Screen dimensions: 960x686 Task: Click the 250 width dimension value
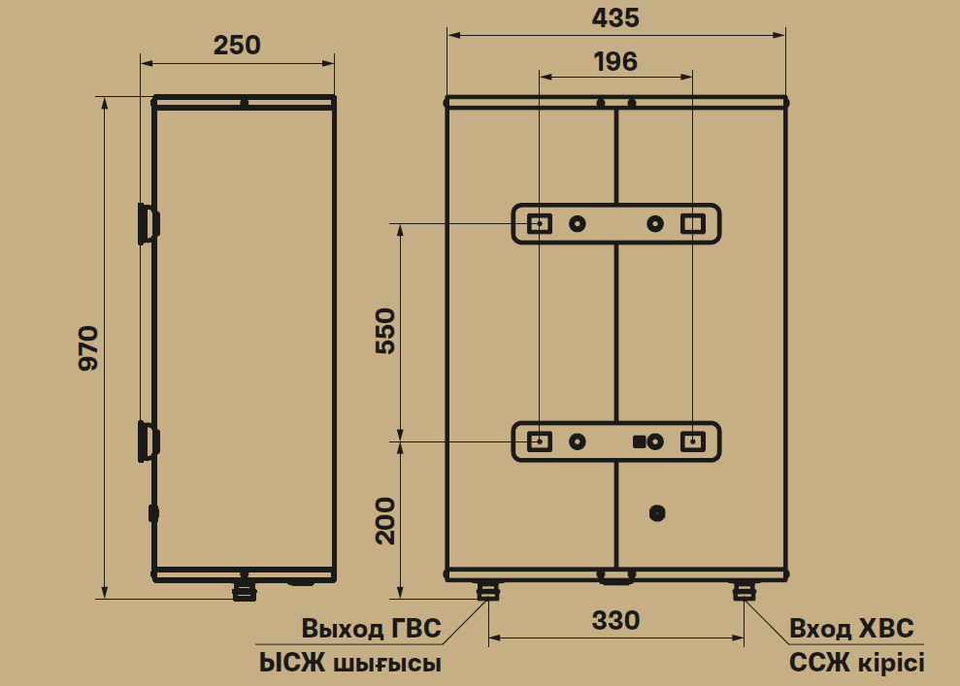pos(237,46)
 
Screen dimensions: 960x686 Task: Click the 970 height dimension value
pos(88,348)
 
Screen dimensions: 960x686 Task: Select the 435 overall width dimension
pos(615,17)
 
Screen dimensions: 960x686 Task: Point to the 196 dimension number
pos(615,62)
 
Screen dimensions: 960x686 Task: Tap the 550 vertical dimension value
pos(385,331)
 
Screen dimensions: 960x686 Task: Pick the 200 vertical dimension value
pos(385,521)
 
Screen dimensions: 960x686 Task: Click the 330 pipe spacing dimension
pos(616,621)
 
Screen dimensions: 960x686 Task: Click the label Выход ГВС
pos(371,629)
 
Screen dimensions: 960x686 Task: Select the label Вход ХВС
pos(851,629)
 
